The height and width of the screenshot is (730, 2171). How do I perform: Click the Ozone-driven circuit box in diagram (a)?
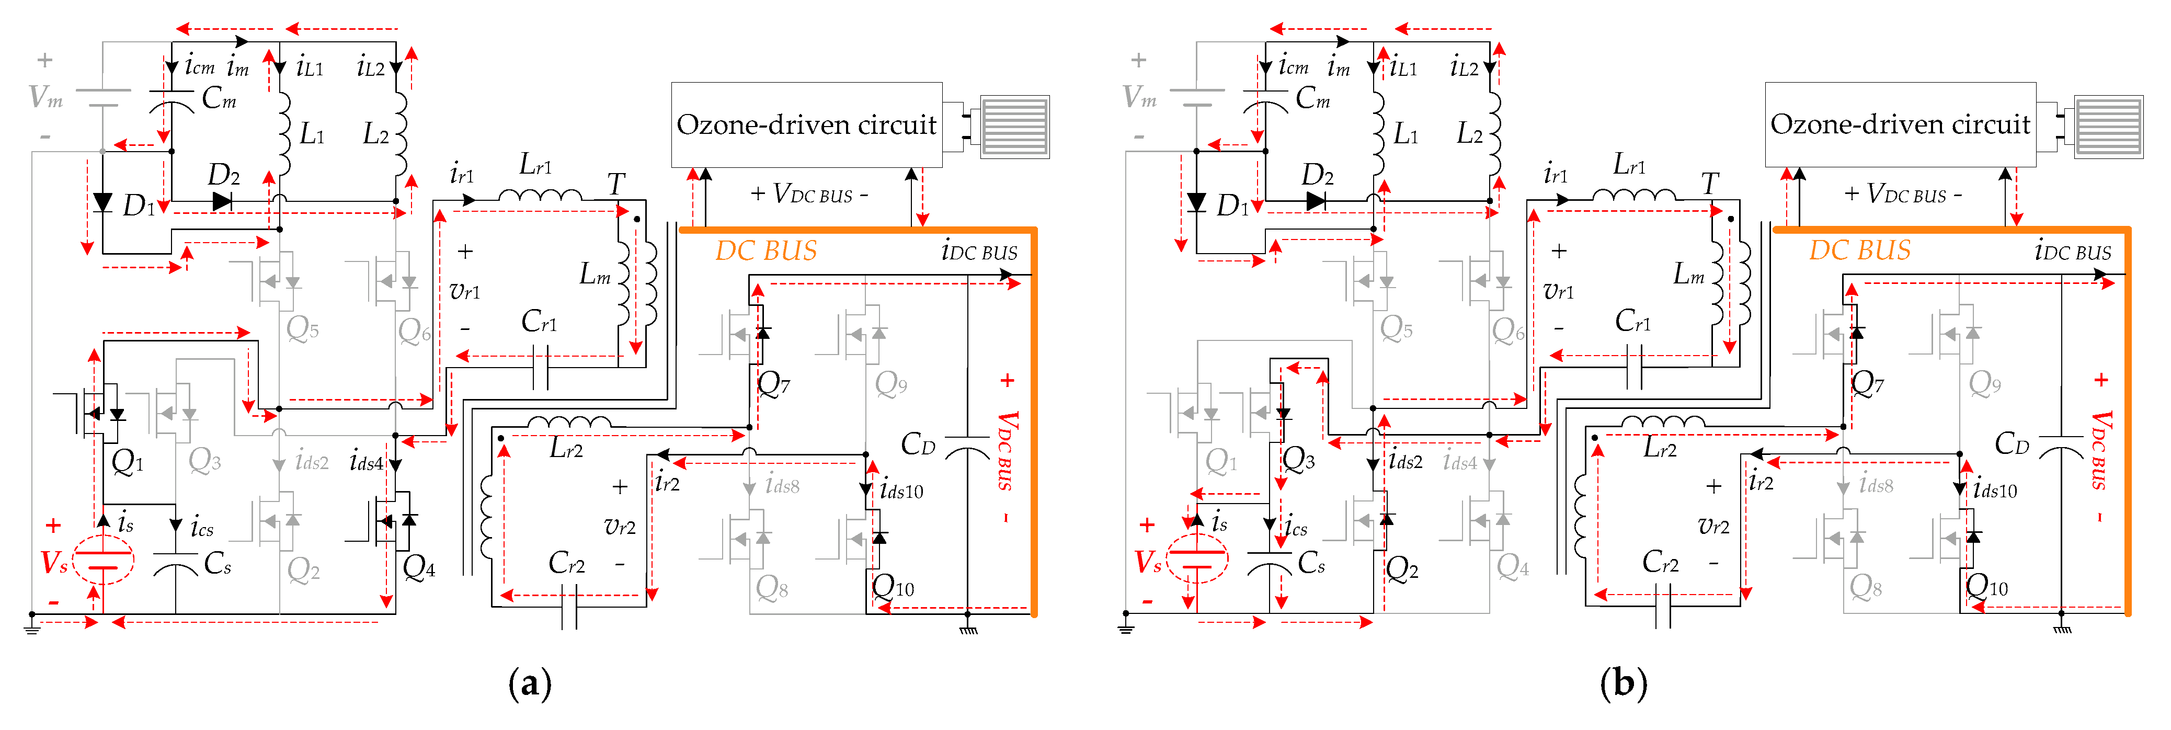806,125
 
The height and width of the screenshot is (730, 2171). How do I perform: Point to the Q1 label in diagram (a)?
127,462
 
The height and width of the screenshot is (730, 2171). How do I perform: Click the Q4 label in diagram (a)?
419,567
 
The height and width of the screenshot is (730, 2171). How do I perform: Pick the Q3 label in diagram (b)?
1298,460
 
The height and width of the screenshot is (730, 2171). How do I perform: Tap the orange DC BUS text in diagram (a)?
765,251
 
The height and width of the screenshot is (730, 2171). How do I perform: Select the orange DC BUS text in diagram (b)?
1859,251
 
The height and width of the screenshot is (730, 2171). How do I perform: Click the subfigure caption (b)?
1623,683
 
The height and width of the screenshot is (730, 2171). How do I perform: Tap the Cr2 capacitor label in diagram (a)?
566,563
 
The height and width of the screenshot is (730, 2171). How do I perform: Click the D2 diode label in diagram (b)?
1317,175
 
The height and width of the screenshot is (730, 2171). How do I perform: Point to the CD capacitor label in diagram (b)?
2012,444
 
